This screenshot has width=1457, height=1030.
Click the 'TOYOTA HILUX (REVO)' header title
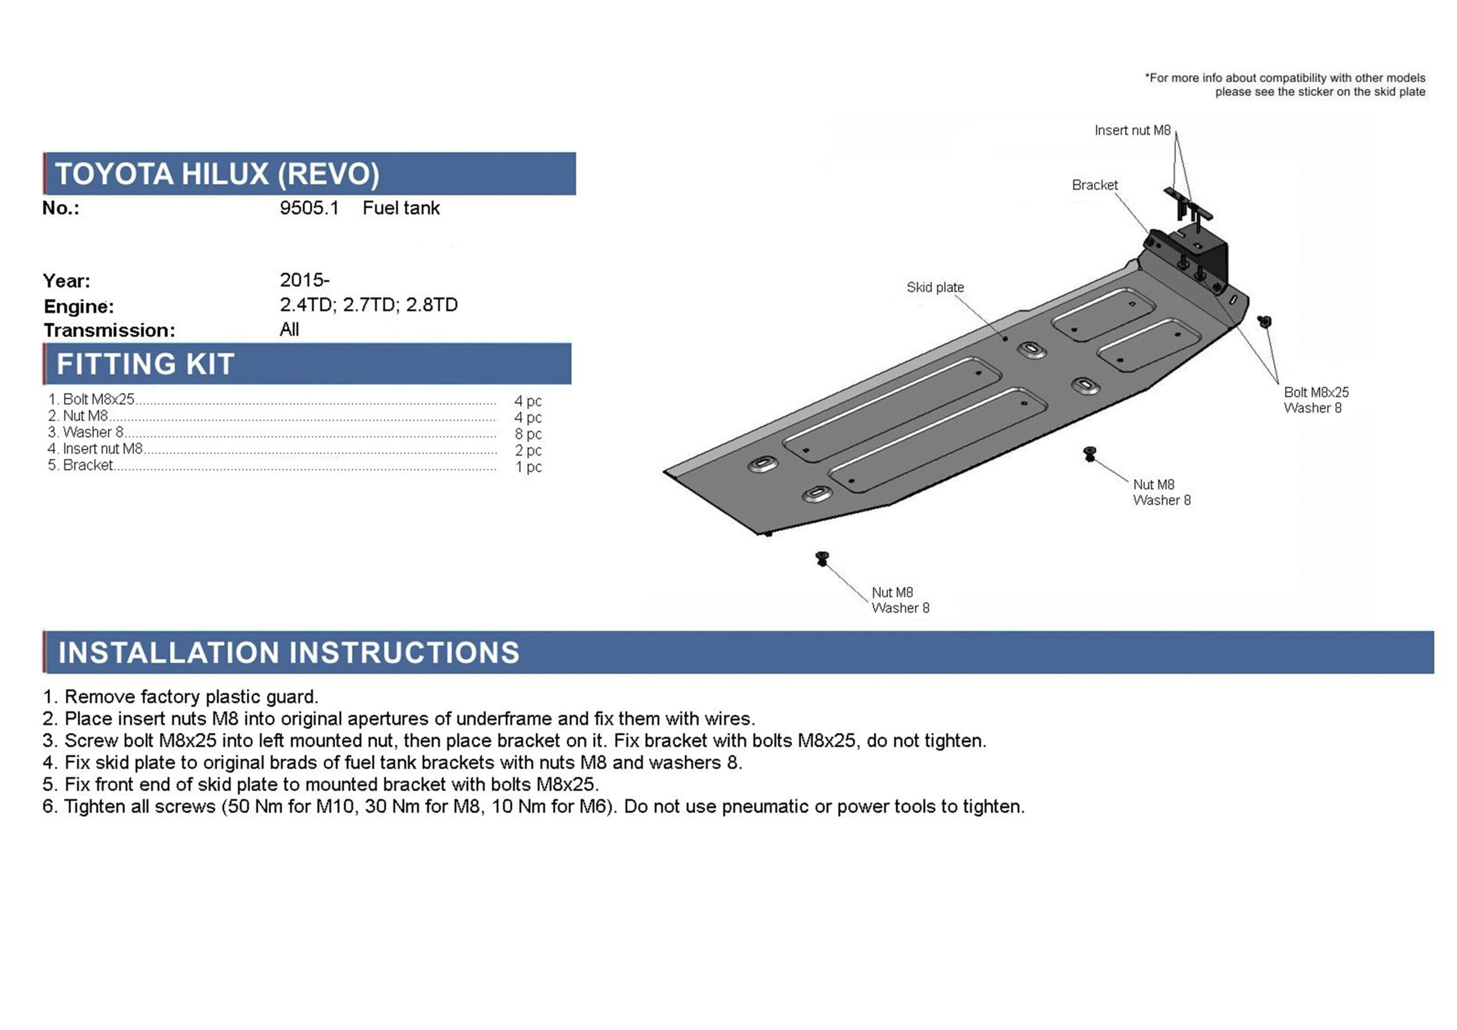click(x=217, y=174)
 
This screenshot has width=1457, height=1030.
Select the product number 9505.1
click(x=309, y=208)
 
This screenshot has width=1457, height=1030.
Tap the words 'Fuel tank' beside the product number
click(x=401, y=208)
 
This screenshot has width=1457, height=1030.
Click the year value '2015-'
click(x=304, y=280)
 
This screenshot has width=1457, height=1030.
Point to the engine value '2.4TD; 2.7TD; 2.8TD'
click(x=369, y=304)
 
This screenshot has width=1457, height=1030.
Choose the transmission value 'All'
click(x=289, y=329)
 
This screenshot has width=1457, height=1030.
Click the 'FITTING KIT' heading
click(x=145, y=364)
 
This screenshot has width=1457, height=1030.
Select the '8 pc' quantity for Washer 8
click(x=528, y=434)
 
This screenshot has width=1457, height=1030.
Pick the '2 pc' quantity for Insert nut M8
click(x=528, y=451)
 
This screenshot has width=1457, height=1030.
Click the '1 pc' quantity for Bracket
click(x=528, y=467)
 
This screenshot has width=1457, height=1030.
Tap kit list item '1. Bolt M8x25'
click(x=92, y=399)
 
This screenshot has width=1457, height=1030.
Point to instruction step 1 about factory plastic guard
click(x=181, y=697)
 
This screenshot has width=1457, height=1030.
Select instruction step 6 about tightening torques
click(x=533, y=806)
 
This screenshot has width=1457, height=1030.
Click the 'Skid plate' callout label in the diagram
click(x=935, y=287)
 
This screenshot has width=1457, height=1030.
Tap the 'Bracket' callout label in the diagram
click(x=1094, y=186)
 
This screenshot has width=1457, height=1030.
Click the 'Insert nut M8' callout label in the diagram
click(x=1132, y=131)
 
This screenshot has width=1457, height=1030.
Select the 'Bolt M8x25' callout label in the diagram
click(x=1316, y=393)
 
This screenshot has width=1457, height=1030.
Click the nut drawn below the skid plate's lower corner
click(x=822, y=558)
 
